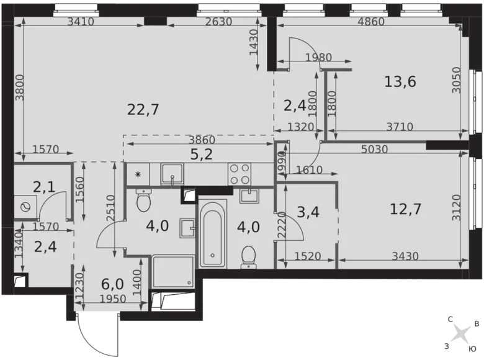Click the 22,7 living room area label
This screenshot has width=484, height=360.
click(x=143, y=110)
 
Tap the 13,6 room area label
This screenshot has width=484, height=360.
click(x=400, y=81)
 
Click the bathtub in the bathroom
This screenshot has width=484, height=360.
click(x=212, y=235)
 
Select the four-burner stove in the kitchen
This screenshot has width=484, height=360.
click(x=239, y=173)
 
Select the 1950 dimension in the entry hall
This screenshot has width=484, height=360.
click(x=113, y=299)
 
